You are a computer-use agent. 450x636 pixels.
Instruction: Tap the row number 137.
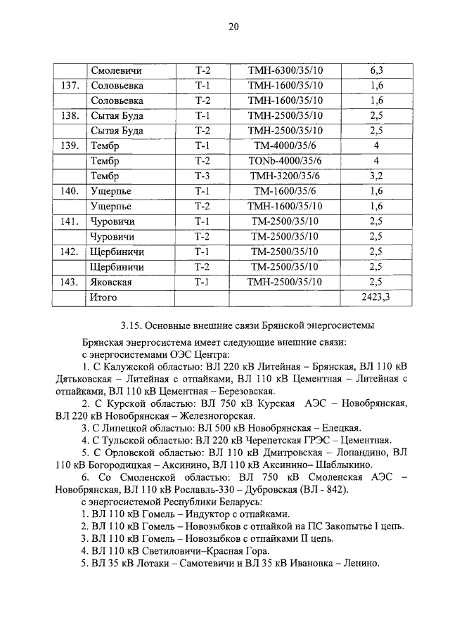pos(69,85)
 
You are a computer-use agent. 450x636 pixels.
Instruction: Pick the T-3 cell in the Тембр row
pos(202,176)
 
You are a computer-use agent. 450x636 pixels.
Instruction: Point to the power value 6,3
pos(376,70)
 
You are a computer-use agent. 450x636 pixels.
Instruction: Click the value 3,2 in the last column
pos(376,176)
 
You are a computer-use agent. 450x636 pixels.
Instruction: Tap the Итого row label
pos(103,297)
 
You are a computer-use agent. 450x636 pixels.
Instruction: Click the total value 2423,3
pos(376,297)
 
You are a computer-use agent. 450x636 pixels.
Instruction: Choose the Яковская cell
pos(112,282)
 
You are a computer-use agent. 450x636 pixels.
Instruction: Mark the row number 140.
pos(69,191)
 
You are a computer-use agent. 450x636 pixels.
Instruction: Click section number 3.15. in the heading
pos(132,325)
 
